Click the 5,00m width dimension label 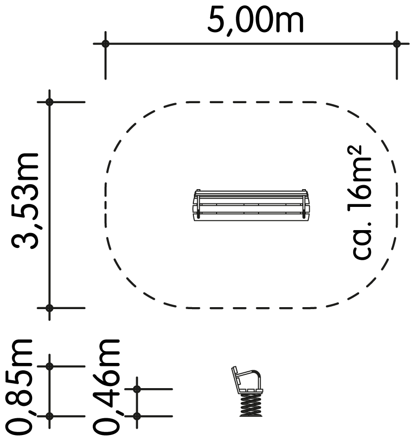[255, 21]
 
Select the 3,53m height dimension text [24, 200]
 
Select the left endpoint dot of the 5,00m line [105, 44]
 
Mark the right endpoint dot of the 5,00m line [397, 44]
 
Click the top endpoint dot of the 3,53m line [49, 102]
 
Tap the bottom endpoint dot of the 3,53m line [49, 308]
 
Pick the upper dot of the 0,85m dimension [49, 366]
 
